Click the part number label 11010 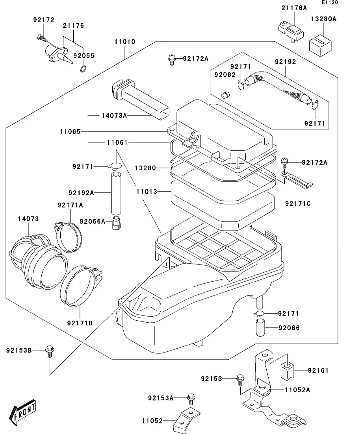pos(125,42)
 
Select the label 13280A pos(323,18)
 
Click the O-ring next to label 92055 pos(83,70)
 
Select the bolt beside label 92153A pos(191,398)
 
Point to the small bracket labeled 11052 pos(187,419)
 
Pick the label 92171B pos(80,323)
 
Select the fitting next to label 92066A pos(116,223)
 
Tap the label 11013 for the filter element pos(147,192)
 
